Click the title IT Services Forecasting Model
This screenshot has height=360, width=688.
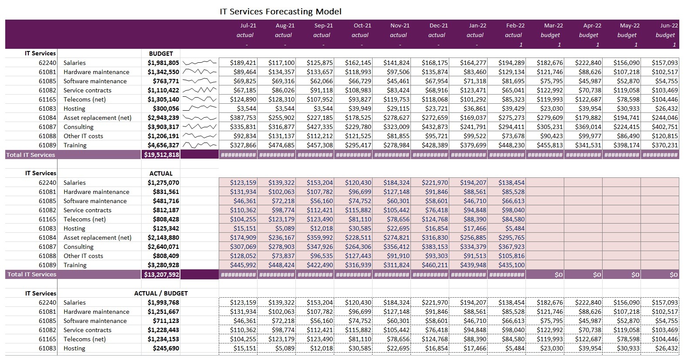coord(280,12)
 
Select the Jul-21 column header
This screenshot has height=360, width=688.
coord(248,26)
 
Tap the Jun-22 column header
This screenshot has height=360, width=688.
coord(669,26)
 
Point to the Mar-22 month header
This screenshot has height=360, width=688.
coord(553,26)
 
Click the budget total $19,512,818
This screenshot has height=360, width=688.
coord(161,155)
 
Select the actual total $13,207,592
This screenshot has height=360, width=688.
coord(161,275)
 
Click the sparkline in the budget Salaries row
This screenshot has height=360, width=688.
coord(200,63)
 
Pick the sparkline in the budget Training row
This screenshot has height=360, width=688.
coord(200,145)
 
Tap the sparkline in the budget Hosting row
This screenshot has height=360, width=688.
coord(200,109)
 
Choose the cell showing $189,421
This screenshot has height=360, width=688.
coord(243,63)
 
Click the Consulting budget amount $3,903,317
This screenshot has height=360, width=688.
coord(163,127)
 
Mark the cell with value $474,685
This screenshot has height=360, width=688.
coord(281,145)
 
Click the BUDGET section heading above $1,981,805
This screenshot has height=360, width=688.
coord(161,54)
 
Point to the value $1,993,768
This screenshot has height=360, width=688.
coord(163,302)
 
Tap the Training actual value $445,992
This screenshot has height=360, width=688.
coord(243,265)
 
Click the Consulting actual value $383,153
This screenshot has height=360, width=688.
coord(435,247)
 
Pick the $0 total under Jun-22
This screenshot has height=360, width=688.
coord(673,275)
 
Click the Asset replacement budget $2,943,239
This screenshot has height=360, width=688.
coord(163,118)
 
